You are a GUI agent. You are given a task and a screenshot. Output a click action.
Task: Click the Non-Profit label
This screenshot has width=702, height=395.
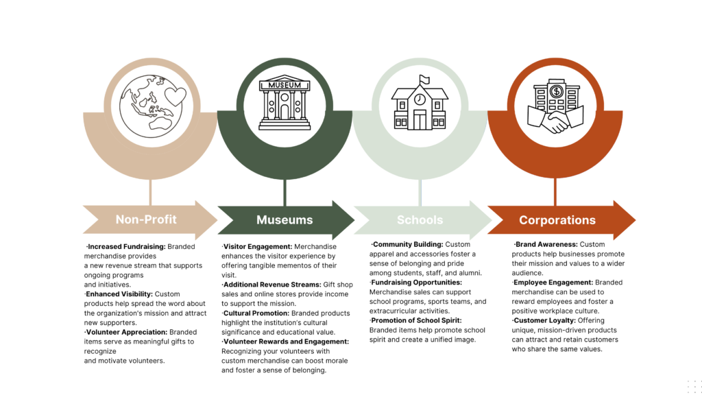[x=146, y=219]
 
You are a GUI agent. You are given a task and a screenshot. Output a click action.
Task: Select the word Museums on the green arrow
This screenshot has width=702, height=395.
[x=285, y=220]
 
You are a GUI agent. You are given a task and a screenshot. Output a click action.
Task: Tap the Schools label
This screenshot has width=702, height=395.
[x=420, y=220]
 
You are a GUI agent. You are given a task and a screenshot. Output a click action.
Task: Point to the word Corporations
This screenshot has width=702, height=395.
[x=557, y=220]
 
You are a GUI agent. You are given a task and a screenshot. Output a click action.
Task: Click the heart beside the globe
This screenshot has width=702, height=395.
[x=175, y=96]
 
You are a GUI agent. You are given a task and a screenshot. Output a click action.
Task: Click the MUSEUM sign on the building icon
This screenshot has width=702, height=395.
[x=285, y=85]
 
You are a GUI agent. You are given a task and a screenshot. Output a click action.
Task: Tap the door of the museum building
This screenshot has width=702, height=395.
[x=285, y=111]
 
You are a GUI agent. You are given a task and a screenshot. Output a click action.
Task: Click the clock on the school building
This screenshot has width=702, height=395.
[x=420, y=99]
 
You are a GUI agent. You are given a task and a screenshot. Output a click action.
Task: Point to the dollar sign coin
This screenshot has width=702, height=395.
[x=557, y=91]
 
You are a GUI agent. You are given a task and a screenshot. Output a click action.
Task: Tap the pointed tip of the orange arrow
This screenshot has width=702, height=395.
[x=634, y=220]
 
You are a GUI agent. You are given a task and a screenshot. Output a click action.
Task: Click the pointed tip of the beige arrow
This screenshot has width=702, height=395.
[x=217, y=220]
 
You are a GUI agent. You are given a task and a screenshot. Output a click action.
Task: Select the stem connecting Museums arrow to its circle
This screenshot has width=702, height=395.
[x=285, y=192]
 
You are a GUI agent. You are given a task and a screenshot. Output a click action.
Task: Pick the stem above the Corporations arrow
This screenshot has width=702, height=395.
[x=556, y=192]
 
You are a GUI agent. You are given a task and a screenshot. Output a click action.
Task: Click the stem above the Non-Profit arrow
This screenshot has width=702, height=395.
[x=149, y=192]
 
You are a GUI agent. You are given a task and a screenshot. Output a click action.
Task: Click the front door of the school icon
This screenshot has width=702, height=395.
[x=419, y=121]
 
